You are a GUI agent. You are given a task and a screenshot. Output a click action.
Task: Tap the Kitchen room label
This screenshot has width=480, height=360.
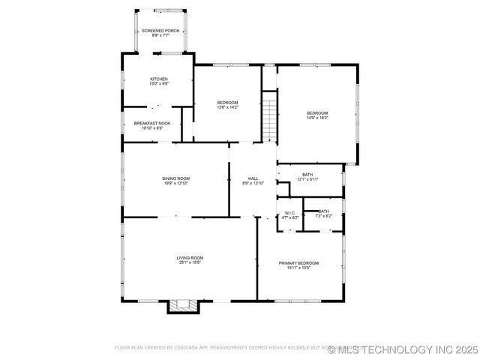158,79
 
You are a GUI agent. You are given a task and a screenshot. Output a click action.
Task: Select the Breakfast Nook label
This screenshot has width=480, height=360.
152,123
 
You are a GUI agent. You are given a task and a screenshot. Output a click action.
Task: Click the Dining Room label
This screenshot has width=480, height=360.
175,178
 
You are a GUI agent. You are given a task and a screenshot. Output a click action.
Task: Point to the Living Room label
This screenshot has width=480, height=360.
190,257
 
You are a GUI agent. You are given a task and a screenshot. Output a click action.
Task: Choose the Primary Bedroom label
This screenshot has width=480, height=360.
298,263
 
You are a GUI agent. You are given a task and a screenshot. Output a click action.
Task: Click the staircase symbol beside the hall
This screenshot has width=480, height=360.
270,116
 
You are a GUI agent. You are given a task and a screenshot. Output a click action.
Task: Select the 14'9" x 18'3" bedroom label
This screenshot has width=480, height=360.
316,113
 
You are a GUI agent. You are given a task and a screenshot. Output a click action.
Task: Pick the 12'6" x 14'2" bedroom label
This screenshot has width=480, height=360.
227,103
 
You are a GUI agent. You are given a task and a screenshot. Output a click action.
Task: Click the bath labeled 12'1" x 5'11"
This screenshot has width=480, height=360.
307,175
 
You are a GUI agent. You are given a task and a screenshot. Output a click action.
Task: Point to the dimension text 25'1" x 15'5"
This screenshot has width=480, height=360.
190,262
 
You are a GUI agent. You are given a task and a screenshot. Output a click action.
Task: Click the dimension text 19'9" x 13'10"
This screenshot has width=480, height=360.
175,183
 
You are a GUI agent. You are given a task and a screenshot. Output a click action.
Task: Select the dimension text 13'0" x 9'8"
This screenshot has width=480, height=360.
158,84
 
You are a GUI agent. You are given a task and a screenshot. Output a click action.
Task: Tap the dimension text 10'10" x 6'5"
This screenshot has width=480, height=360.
152,128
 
